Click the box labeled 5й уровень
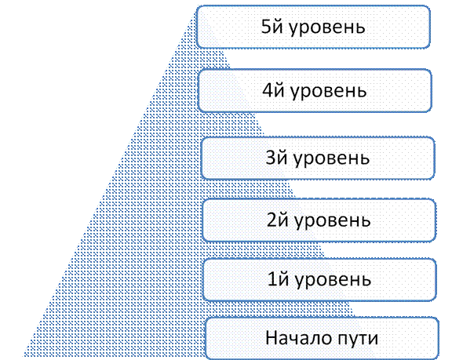pos(313,27)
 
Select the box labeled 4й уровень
pos(315,90)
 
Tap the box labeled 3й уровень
pos(318,158)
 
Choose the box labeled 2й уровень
pos(319,220)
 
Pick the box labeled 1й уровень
pos(319,280)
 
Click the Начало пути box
pos(322,338)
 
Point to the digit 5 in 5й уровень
pos(265,27)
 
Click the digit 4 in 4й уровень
pos(267,90)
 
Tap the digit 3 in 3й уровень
pos(270,158)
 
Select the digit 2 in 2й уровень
pos(272,220)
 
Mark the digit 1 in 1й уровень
pos(272,280)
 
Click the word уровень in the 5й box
pos(327,28)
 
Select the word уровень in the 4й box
pos(329,93)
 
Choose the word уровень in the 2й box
pos(333,222)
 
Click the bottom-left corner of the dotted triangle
pos(24,356)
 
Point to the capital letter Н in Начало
pos(272,337)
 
